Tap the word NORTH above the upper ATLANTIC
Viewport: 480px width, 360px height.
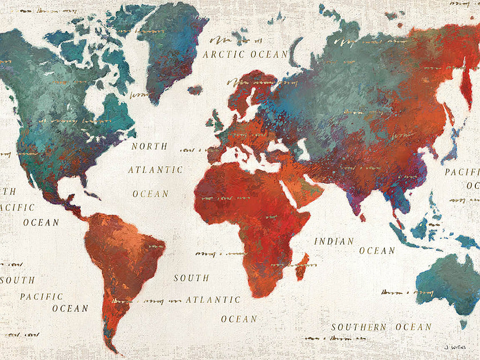(x=149, y=146)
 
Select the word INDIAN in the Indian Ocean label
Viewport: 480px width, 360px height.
(x=334, y=241)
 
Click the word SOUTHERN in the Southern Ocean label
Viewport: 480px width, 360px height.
(x=359, y=327)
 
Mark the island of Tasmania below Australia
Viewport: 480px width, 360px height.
(x=463, y=323)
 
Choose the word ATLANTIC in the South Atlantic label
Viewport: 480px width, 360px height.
(x=213, y=300)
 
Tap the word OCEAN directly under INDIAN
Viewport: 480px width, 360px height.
(x=377, y=251)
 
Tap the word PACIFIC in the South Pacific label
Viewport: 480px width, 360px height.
(x=41, y=297)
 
